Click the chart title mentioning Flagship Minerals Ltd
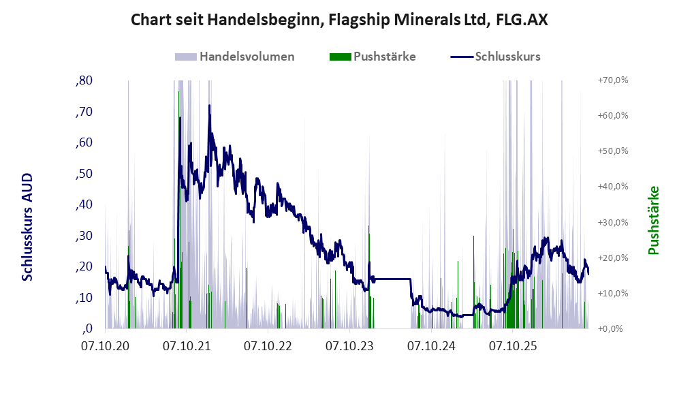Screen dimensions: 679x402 click(x=339, y=20)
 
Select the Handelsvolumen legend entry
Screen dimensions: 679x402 click(x=234, y=57)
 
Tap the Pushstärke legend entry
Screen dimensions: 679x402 click(x=373, y=57)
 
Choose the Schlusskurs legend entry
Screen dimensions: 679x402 click(x=495, y=57)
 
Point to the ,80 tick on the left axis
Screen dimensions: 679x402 click(x=84, y=80)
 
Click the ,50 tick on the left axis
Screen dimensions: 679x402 click(x=84, y=174)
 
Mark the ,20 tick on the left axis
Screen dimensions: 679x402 click(x=84, y=266)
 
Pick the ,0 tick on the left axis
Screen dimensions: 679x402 click(x=87, y=328)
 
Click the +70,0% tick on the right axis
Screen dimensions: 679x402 click(x=613, y=80)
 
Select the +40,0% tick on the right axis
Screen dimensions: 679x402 click(x=613, y=186)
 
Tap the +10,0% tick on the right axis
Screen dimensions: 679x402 click(x=613, y=293)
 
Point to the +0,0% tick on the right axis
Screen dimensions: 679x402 click(x=611, y=329)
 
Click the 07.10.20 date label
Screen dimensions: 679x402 click(x=105, y=346)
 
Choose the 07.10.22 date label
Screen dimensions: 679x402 click(x=268, y=346)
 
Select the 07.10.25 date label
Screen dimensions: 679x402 click(x=513, y=346)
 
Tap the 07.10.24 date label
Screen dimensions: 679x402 click(x=431, y=346)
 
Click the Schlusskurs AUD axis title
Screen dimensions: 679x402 click(x=27, y=227)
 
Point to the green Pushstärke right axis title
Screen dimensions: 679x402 click(x=653, y=221)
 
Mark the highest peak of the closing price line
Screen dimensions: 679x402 click(x=209, y=105)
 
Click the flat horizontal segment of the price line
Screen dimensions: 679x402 click(x=392, y=279)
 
